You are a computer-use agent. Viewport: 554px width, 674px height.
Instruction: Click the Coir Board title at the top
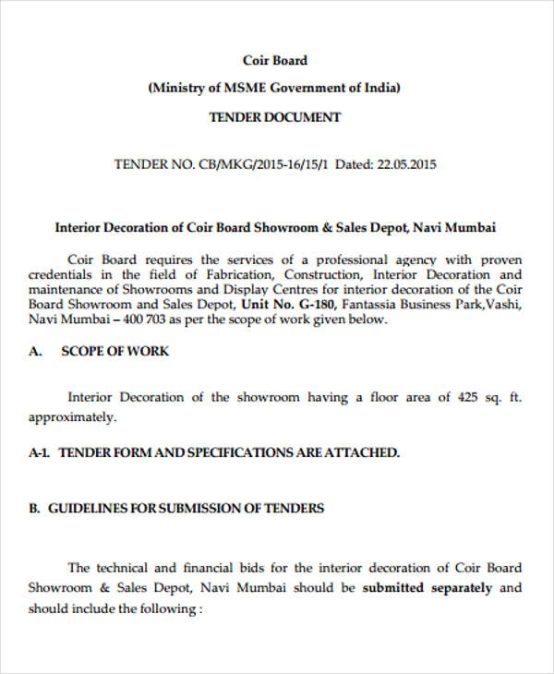click(275, 61)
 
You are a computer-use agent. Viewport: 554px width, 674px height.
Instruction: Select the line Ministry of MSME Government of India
click(275, 89)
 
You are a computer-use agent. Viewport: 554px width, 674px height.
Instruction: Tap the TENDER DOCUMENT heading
click(275, 117)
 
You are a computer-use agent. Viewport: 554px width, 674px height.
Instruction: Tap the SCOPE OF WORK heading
click(115, 352)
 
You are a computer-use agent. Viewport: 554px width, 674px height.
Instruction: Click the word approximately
click(72, 416)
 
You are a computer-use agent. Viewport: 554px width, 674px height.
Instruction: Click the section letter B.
click(33, 509)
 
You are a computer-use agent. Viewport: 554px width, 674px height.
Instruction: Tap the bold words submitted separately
click(428, 588)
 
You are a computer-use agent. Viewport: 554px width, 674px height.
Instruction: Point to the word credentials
click(61, 275)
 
